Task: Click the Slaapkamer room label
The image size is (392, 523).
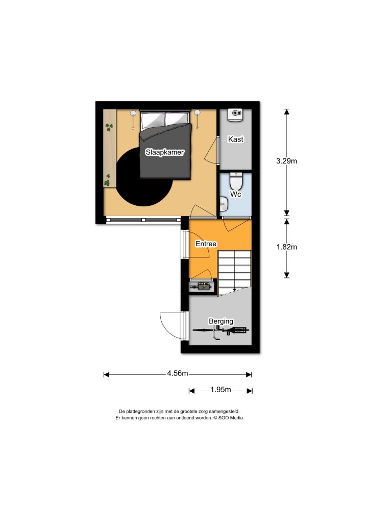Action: (164, 152)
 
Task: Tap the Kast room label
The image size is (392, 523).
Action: (235, 139)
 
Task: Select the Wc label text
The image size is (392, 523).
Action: (235, 195)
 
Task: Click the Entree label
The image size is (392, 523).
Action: (206, 244)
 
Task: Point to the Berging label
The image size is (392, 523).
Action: (221, 321)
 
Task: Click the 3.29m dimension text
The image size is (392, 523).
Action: (286, 161)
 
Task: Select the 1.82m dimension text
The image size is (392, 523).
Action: (286, 247)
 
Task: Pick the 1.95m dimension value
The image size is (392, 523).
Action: (220, 390)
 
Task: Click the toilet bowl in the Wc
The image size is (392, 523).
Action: (236, 181)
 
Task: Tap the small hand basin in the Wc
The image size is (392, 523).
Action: (224, 205)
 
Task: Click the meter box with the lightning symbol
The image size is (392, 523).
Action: (203, 287)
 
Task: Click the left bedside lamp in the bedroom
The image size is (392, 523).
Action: (133, 114)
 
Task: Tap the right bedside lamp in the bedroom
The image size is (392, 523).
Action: (197, 114)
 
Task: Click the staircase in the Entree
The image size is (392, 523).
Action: (234, 271)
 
